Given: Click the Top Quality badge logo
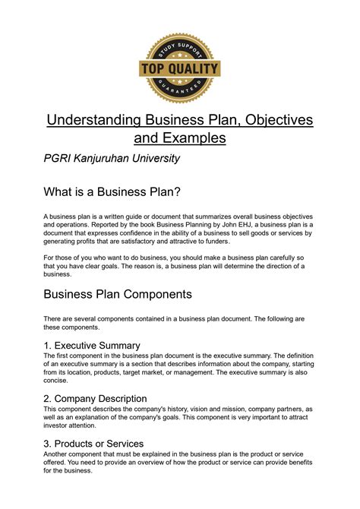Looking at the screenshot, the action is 179,68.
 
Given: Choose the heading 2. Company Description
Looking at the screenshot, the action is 95,398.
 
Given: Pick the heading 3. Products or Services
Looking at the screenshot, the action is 93,443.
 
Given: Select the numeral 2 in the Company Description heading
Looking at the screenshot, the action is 47,398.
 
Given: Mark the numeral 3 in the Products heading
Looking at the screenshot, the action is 47,443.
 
